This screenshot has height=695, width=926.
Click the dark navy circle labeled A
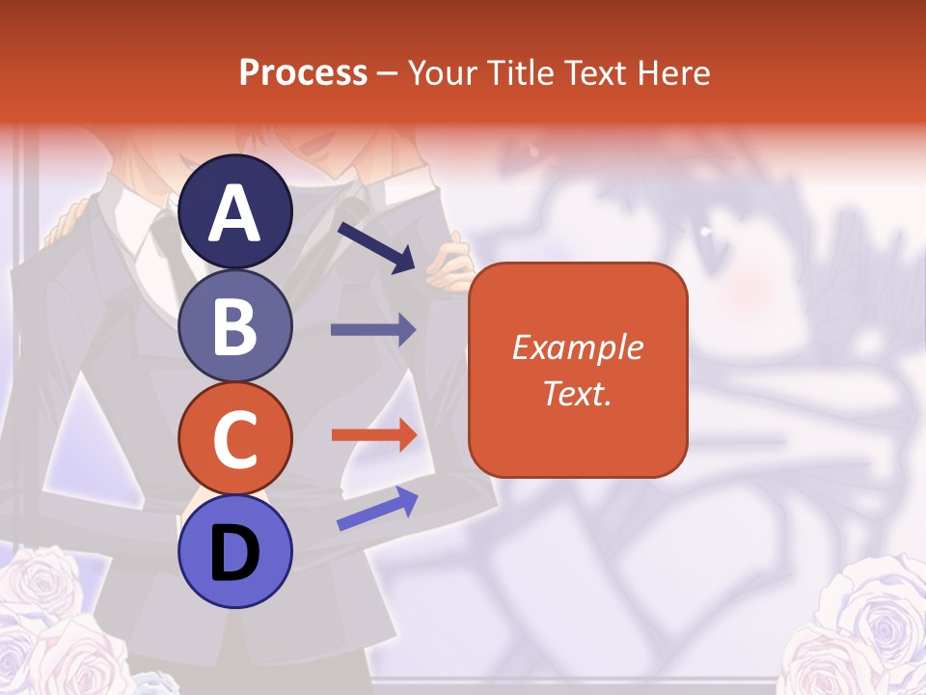234,211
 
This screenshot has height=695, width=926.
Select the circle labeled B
234,325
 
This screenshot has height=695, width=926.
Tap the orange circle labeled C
234,438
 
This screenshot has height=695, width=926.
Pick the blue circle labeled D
234,551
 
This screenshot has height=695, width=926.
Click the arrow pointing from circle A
376,247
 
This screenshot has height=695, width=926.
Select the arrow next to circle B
373,330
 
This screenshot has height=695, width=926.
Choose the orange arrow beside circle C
373,435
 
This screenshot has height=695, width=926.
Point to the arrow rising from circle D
377,508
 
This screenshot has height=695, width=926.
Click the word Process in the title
303,72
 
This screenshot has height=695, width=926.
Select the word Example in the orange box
577,347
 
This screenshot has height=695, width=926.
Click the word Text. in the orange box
577,393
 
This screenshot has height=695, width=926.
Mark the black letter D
234,553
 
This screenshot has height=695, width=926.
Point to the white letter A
234,213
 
